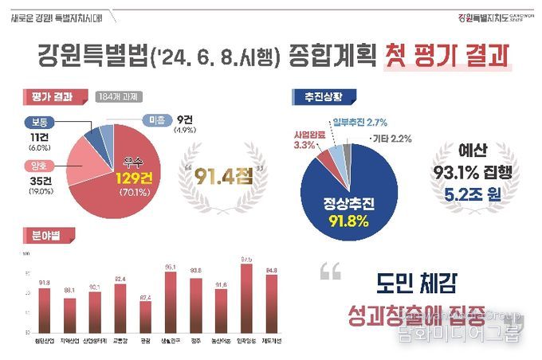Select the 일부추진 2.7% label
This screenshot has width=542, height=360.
(359, 122)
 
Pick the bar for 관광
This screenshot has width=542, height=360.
(145, 316)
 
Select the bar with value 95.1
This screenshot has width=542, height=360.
(170, 302)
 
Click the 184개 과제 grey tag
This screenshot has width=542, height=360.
(119, 97)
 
